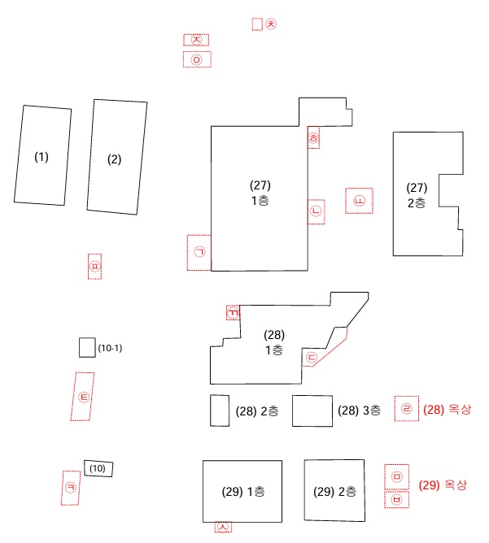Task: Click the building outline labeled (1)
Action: (41, 155)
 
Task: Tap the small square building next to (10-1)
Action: (87, 348)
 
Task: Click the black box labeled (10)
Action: (98, 468)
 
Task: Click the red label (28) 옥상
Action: (447, 410)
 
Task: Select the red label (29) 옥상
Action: (443, 485)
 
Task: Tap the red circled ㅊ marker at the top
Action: (272, 24)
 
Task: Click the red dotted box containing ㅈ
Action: (196, 40)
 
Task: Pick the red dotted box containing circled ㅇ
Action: (196, 59)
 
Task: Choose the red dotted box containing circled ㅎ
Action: (313, 138)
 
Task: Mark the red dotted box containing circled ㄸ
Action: (359, 201)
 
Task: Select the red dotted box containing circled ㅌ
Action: (83, 397)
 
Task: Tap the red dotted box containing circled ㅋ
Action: (71, 488)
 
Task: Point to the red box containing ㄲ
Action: (233, 313)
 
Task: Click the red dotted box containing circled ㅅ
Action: (224, 527)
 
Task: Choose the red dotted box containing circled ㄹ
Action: (407, 409)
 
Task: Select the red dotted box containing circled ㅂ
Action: (397, 500)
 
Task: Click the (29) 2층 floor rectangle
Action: (335, 490)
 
